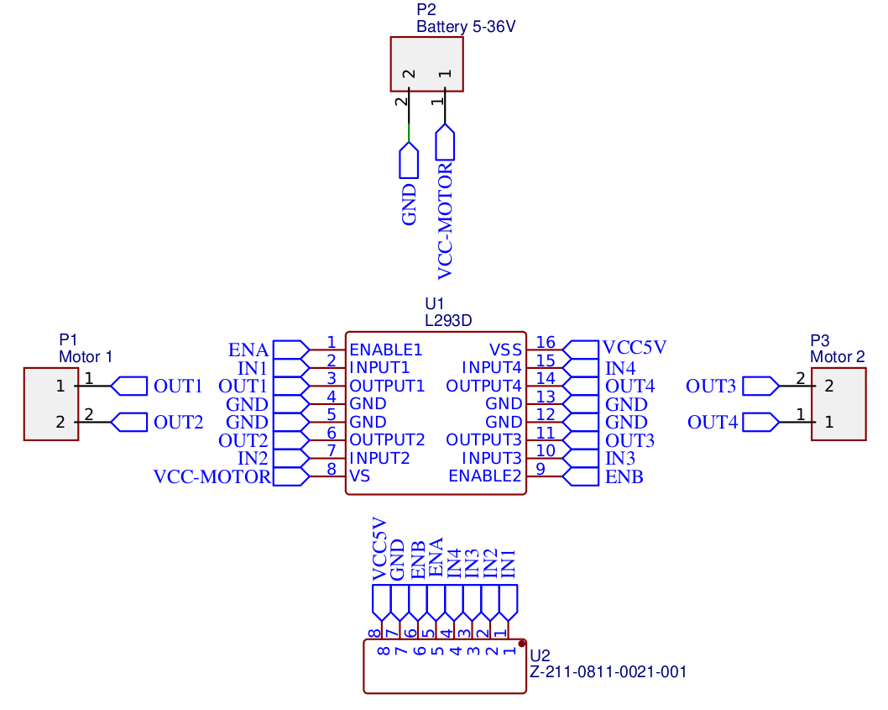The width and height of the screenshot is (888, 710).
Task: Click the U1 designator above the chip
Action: tap(434, 303)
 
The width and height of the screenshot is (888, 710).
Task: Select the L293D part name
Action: tap(450, 320)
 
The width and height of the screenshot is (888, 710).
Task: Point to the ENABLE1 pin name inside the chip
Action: tap(385, 350)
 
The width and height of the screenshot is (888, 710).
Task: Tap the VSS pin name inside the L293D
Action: tap(505, 350)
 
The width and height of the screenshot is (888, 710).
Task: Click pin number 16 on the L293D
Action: tap(546, 342)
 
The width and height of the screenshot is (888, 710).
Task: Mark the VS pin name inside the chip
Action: tap(359, 476)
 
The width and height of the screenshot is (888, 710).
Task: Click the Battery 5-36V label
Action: tap(466, 26)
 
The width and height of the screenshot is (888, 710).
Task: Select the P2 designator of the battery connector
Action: tap(426, 10)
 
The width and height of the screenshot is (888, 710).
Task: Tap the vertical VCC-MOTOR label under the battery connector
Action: tap(445, 220)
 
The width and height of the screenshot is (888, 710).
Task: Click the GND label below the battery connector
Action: tap(409, 205)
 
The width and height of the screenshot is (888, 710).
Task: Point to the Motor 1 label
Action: tap(85, 356)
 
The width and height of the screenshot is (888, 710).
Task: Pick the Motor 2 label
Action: tap(837, 356)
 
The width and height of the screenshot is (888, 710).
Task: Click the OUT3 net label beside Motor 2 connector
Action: tap(710, 387)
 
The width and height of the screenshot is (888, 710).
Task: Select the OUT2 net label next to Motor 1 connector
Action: tap(178, 422)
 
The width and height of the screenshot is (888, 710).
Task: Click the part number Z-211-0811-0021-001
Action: tap(609, 672)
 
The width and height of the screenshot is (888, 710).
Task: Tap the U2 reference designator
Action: tap(541, 655)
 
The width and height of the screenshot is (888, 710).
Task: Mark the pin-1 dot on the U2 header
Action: tap(522, 643)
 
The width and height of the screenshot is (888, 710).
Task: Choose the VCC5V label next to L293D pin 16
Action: tap(635, 348)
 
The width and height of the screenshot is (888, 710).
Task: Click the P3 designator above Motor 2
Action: tap(819, 340)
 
